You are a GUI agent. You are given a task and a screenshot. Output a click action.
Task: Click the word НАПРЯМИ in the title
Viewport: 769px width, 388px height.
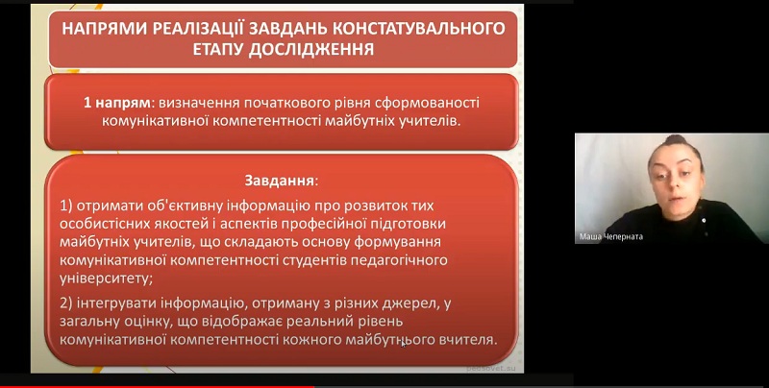point(104,29)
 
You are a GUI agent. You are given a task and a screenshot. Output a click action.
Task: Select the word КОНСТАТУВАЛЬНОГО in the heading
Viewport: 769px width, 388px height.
point(419,29)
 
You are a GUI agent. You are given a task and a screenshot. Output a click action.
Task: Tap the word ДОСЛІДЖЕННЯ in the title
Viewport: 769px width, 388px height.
point(310,49)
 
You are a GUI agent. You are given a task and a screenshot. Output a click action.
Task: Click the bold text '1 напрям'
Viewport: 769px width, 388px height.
point(116,103)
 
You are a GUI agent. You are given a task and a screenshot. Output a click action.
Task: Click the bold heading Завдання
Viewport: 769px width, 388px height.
point(280,181)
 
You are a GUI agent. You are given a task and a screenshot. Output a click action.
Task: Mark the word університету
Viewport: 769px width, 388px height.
point(105,279)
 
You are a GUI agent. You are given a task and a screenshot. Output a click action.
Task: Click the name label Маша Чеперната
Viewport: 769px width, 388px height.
point(610,237)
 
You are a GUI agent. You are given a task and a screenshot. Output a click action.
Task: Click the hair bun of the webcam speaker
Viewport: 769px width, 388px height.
point(677,140)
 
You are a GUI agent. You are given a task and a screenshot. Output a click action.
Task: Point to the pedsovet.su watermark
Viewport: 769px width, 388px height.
point(491,368)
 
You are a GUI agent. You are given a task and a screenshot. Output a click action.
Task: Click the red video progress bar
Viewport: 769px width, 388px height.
point(157,386)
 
